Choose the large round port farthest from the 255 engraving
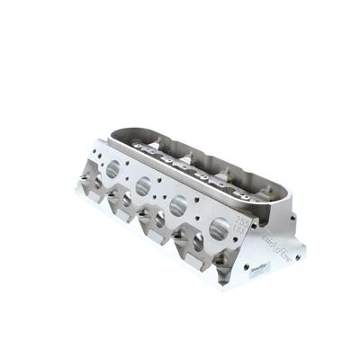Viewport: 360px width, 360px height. (112, 167)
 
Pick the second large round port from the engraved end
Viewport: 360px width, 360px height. (178, 206)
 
